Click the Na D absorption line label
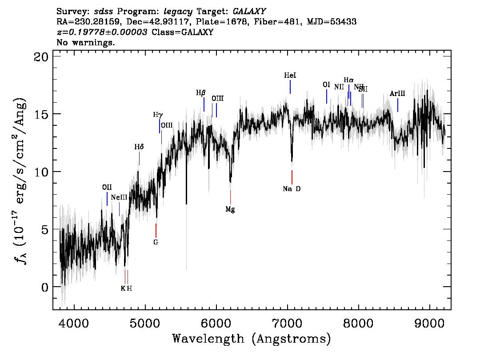click(292, 189)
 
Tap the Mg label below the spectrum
click(230, 209)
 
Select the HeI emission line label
click(290, 76)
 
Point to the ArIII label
click(397, 94)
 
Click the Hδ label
click(139, 147)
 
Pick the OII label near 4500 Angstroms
click(107, 187)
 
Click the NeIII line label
click(119, 197)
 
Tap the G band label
click(156, 242)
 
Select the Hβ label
click(201, 93)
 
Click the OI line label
click(326, 85)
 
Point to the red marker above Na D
click(292, 177)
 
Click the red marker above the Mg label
click(230, 197)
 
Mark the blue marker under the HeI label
click(290, 87)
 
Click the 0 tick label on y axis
click(44, 287)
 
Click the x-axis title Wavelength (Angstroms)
click(252, 339)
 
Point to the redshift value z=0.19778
click(102, 32)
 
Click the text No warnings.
click(86, 43)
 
